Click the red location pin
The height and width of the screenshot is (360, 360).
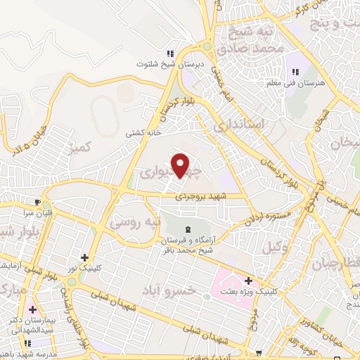pos(181,165)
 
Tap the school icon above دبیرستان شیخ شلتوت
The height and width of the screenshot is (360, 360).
pos(169,53)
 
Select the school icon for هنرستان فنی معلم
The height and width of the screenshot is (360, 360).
pos(295,72)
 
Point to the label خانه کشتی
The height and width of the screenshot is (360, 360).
pos(143,133)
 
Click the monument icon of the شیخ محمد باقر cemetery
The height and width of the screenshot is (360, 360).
pos(188,230)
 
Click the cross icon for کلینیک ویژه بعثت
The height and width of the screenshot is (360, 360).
pos(248,281)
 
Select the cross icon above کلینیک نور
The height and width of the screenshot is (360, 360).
pos(86,258)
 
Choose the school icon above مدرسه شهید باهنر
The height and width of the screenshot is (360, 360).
pos(27,342)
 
